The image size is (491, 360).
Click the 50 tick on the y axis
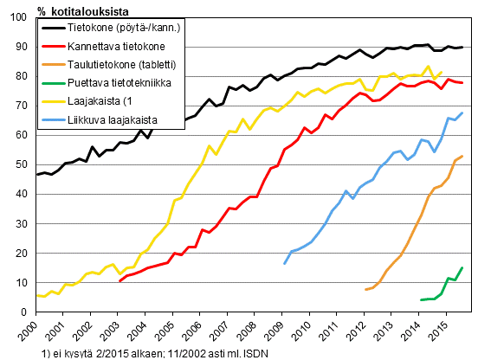pos(26,164)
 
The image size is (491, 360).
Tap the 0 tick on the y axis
pos(29,312)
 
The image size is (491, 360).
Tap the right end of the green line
pos(462,267)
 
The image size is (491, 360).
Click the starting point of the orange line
pos(366,289)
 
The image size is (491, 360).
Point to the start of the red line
pos(120,281)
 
